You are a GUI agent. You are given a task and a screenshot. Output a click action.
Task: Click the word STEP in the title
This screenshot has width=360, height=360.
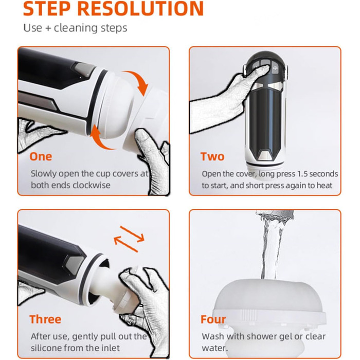[47, 8]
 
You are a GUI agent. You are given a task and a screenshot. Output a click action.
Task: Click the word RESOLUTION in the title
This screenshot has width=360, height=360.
[140, 8]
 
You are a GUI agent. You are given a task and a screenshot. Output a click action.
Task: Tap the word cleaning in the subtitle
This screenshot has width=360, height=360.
[73, 28]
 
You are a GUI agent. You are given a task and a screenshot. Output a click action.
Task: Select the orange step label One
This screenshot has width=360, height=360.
[41, 156]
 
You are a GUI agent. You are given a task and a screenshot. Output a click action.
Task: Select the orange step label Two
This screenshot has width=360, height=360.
[212, 156]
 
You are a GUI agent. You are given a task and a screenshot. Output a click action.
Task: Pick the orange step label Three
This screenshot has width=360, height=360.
[45, 319]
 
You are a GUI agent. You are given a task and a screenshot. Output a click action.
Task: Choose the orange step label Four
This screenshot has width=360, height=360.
[213, 319]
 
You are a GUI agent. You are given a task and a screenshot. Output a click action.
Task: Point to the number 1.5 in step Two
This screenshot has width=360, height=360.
[302, 174]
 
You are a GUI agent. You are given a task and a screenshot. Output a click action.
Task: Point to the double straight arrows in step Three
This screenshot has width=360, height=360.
[129, 239]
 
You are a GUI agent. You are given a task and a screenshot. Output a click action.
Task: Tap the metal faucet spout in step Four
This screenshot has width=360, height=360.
[276, 215]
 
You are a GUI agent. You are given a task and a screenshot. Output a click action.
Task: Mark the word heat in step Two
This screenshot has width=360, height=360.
[325, 186]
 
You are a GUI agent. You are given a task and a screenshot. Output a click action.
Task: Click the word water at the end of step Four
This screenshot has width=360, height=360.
[214, 348]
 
